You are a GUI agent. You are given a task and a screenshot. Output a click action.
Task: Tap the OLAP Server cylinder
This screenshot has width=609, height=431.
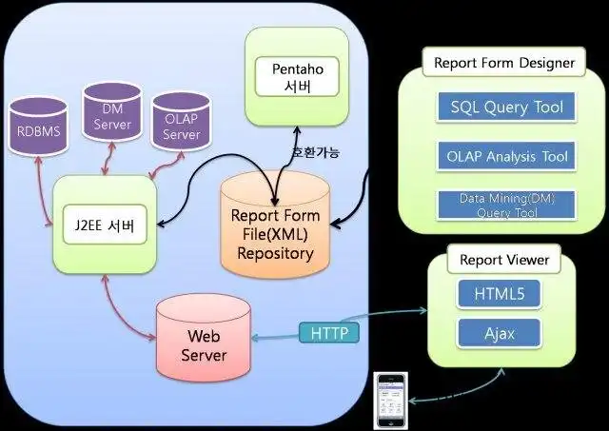(181, 126)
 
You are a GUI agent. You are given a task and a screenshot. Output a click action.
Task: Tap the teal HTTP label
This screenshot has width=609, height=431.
(329, 333)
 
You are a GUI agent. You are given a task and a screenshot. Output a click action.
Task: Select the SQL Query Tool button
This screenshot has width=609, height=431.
(506, 108)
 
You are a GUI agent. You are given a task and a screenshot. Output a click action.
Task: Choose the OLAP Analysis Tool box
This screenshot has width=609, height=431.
(506, 156)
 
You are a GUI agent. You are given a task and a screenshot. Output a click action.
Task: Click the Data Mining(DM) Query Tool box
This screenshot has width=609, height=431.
(506, 206)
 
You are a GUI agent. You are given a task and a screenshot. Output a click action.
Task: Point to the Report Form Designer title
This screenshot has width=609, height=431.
(504, 64)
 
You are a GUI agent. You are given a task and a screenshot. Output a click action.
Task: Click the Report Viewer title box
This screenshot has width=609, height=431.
(503, 260)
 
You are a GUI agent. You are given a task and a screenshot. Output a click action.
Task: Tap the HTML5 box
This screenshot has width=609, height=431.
(501, 294)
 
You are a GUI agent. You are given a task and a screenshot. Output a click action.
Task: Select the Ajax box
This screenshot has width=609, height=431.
(501, 332)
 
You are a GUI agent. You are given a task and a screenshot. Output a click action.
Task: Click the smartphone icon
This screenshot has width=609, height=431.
(389, 401)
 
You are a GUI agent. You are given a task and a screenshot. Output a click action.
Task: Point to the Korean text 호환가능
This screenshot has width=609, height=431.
(314, 153)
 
